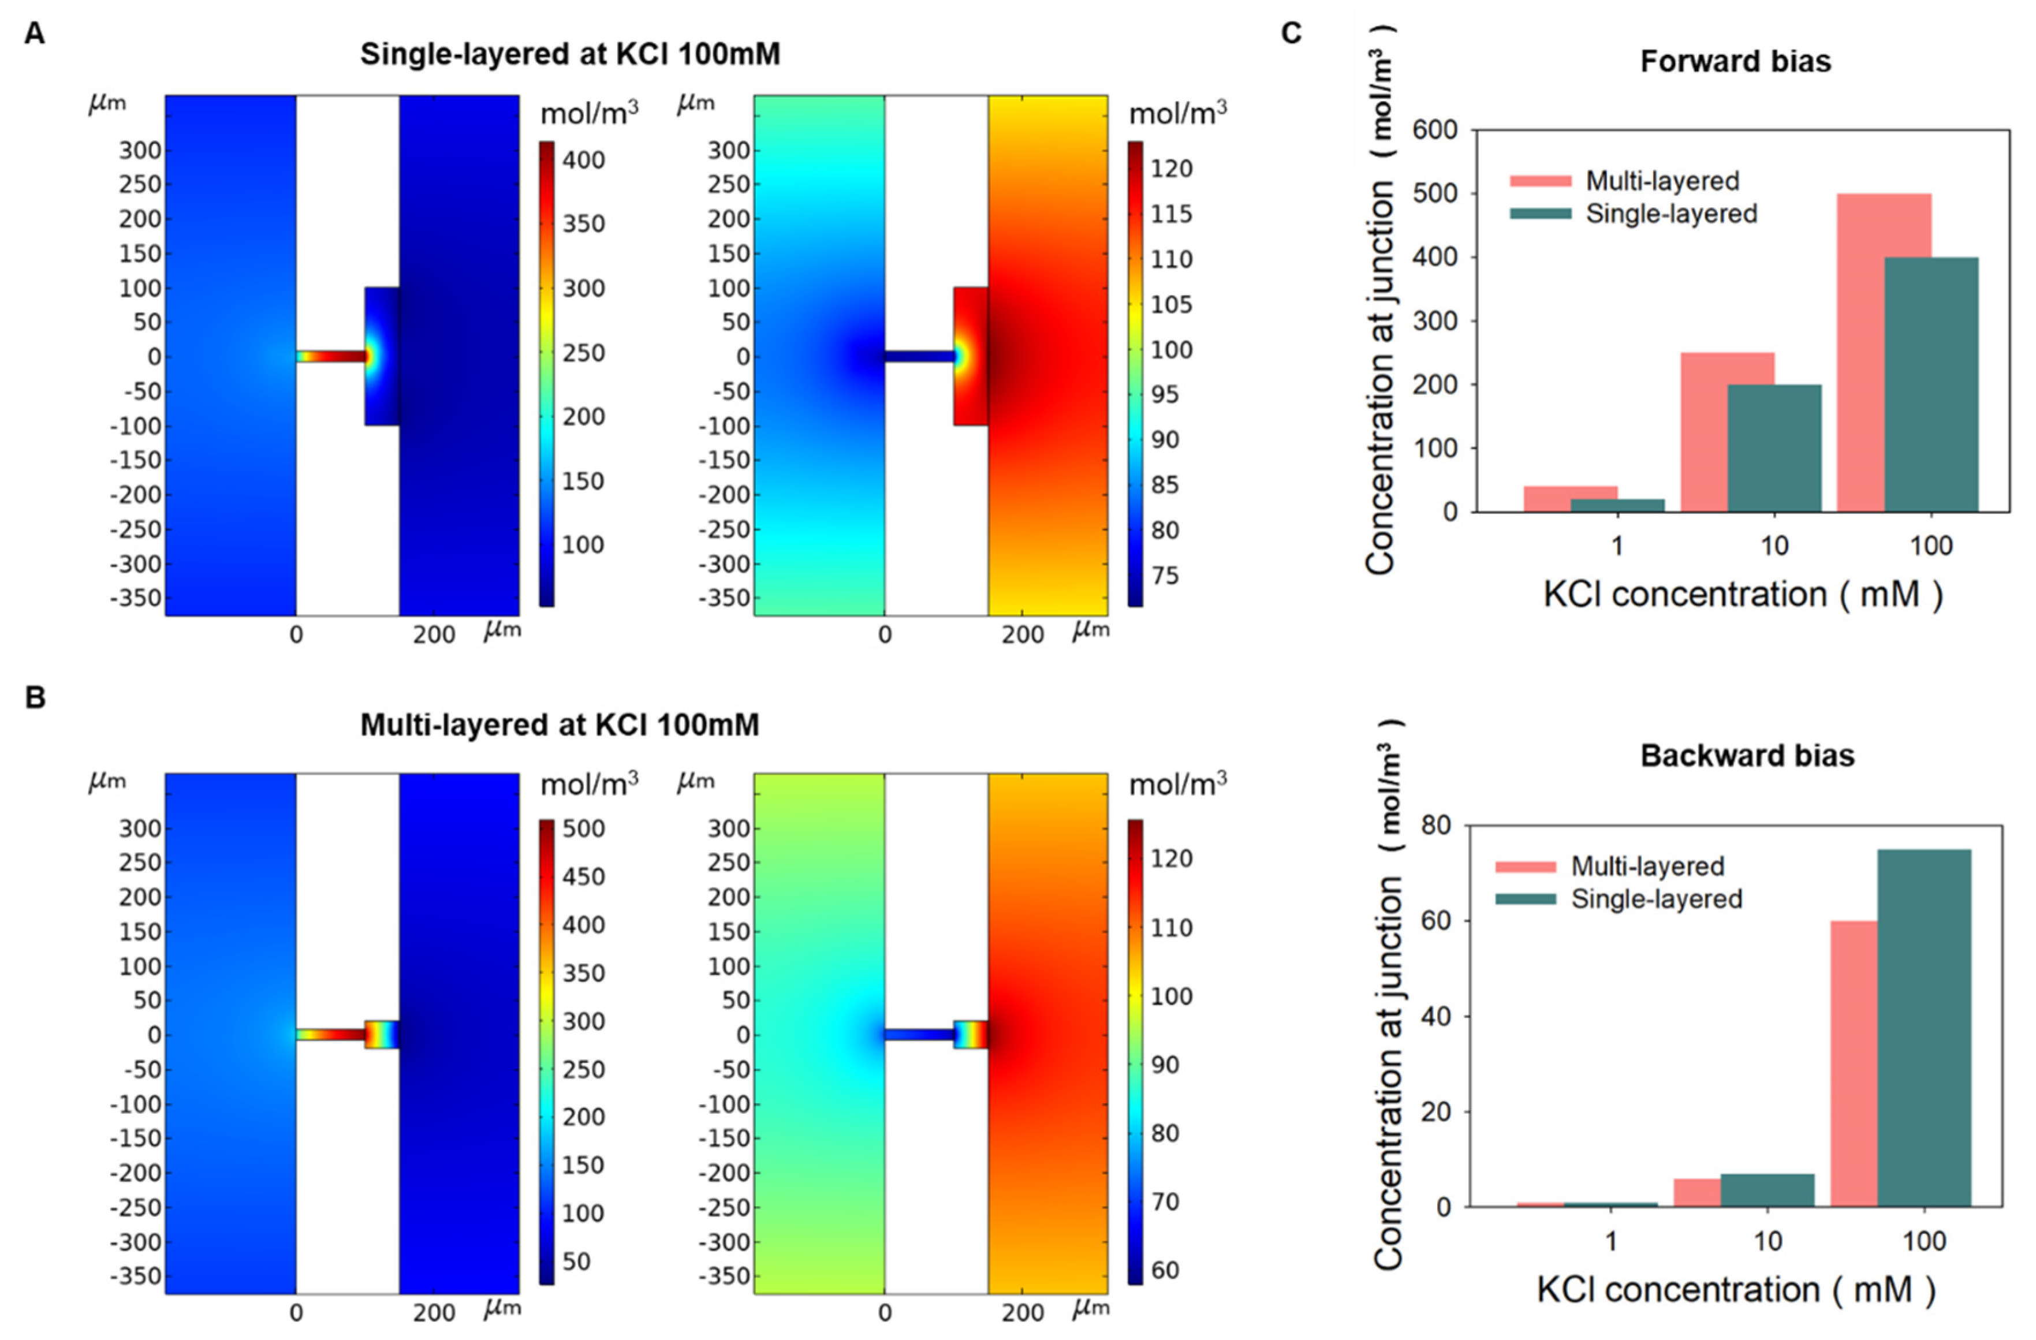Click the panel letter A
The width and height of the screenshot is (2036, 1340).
pos(34,34)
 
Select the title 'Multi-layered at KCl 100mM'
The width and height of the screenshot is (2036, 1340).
pos(560,725)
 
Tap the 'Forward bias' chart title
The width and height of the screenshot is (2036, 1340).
pos(1735,62)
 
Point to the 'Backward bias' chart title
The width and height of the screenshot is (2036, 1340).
pos(1747,756)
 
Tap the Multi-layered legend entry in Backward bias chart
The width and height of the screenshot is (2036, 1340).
pos(1647,866)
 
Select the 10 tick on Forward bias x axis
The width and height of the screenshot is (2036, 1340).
pos(1774,546)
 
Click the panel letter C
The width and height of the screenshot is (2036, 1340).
pos(1291,33)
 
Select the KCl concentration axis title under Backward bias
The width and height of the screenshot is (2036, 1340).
pos(1735,1290)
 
